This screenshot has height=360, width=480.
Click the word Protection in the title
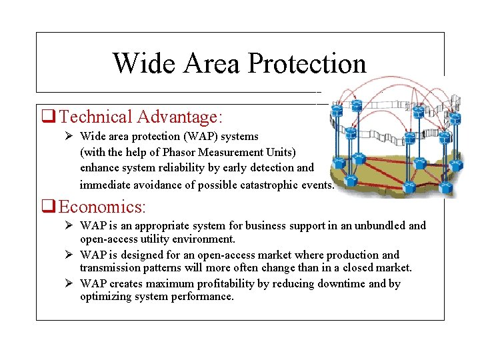click(307, 64)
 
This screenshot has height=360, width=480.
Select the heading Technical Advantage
click(139, 117)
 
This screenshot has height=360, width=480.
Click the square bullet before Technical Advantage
click(48, 117)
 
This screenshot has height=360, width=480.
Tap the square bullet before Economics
click(48, 207)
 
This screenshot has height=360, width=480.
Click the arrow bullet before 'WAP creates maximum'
click(69, 283)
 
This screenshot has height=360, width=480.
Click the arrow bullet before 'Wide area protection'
click(69, 136)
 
